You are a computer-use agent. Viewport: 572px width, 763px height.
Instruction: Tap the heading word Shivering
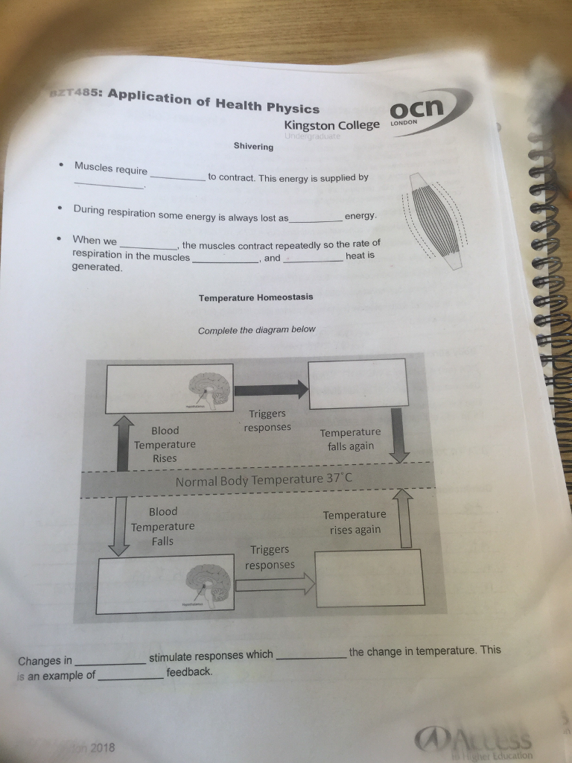pyautogui.click(x=254, y=147)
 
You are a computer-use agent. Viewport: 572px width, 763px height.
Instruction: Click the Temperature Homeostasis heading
pyautogui.click(x=255, y=297)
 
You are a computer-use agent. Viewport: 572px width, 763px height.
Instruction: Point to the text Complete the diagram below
pyautogui.click(x=256, y=330)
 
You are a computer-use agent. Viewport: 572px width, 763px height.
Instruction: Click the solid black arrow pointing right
pyautogui.click(x=270, y=389)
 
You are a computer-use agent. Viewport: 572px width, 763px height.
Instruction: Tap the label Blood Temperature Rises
pyautogui.click(x=165, y=444)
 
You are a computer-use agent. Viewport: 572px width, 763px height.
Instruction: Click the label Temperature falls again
pyautogui.click(x=350, y=440)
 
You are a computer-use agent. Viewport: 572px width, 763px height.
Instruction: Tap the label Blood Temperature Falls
pyautogui.click(x=162, y=526)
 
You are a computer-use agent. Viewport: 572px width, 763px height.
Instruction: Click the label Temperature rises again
pyautogui.click(x=354, y=522)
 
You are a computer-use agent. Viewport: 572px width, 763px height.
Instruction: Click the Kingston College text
pyautogui.click(x=331, y=125)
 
